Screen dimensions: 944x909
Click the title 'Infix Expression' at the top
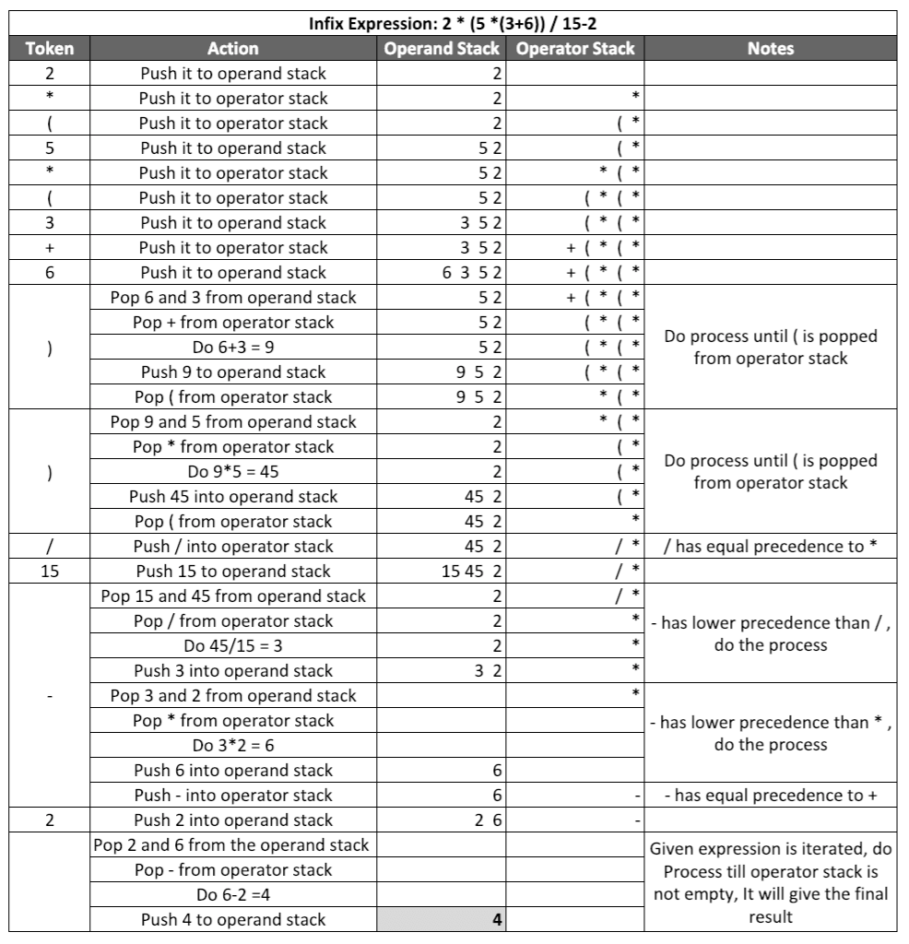[x=453, y=21]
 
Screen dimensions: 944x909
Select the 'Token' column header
[x=50, y=48]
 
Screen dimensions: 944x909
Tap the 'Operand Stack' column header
[x=443, y=48]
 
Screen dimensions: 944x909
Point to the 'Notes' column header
[x=771, y=48]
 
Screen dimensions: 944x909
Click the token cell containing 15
[x=50, y=571]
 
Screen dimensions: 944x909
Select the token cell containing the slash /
[x=50, y=546]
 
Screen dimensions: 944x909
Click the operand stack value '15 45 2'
[x=472, y=571]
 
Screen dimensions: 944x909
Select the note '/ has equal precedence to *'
[x=771, y=546]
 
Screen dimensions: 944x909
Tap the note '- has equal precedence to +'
[x=771, y=795]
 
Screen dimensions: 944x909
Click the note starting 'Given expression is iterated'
[x=771, y=869]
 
